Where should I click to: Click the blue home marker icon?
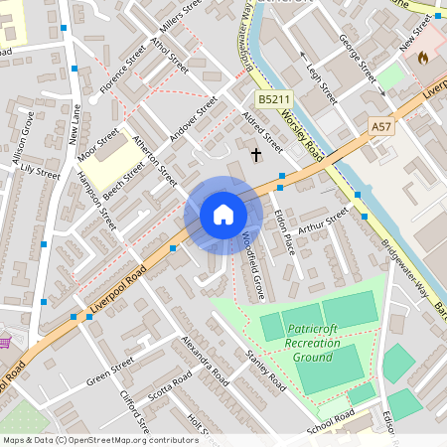(223, 215)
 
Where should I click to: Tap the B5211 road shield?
(274, 100)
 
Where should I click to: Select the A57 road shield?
(380, 126)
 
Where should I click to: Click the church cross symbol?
(256, 154)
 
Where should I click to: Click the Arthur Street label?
(324, 221)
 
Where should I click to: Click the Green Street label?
(109, 376)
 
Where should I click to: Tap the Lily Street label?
(40, 172)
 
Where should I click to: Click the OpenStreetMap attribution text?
(100, 439)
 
